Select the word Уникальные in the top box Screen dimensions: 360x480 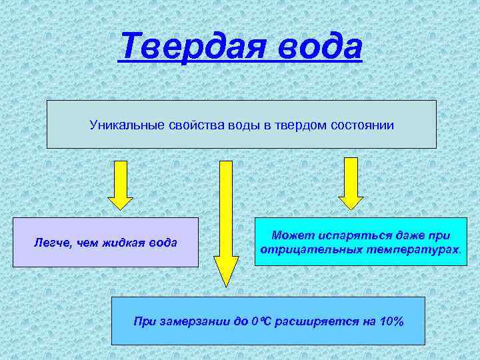(122, 125)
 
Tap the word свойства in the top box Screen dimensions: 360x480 (189, 125)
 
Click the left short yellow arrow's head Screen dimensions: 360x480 (120, 201)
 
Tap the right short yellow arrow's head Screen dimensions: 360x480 (351, 201)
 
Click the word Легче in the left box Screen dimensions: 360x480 (49, 243)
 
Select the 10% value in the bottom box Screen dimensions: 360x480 (391, 321)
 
